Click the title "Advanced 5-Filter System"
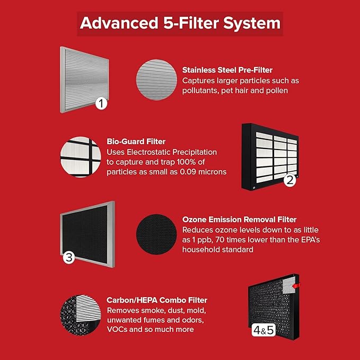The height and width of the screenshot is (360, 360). pyautogui.click(x=180, y=24)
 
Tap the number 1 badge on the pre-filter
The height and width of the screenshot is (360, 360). pyautogui.click(x=102, y=103)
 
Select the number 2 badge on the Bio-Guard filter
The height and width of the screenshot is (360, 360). pyautogui.click(x=289, y=180)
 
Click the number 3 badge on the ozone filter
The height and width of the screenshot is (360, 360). pyautogui.click(x=69, y=258)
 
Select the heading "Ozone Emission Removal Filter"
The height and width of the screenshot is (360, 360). pyautogui.click(x=239, y=219)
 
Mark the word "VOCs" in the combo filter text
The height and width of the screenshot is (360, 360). pyautogui.click(x=118, y=329)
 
